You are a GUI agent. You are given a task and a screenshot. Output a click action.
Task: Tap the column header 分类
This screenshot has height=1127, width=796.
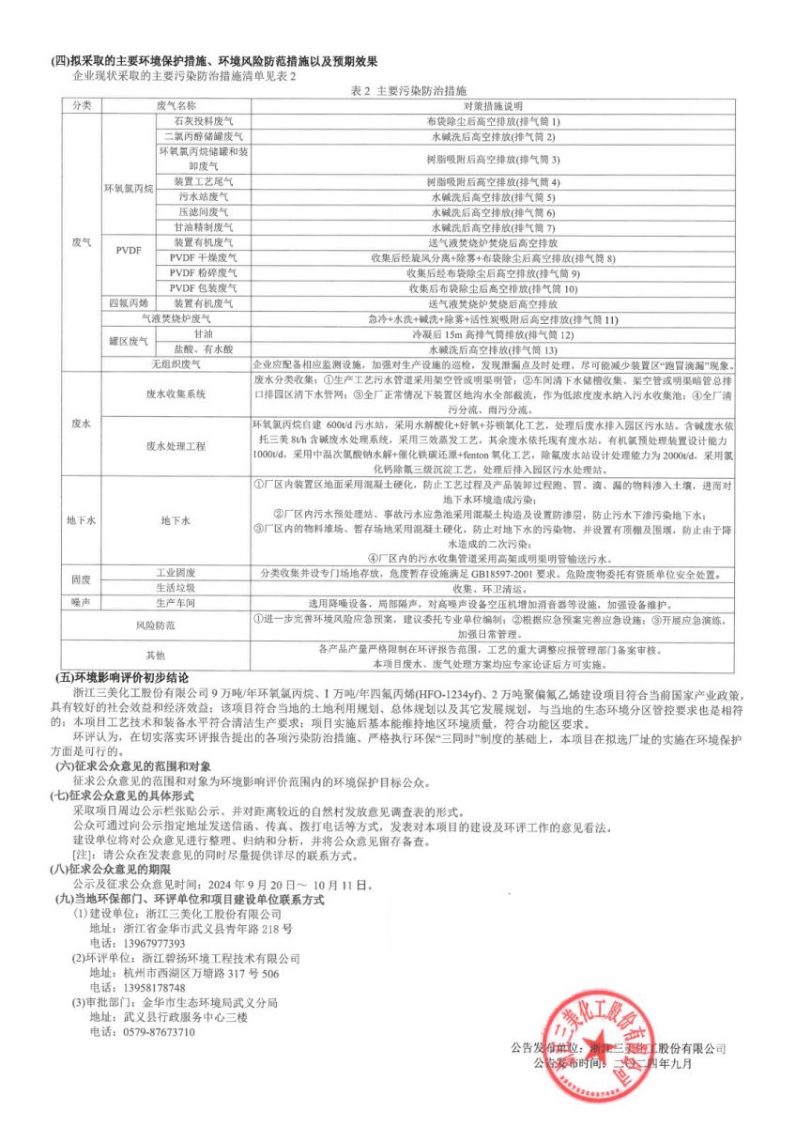coord(81,106)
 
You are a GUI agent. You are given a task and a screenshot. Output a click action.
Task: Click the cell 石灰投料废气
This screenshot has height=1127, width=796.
coord(196,122)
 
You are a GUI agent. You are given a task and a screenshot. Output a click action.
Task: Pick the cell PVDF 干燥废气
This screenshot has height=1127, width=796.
coord(203,258)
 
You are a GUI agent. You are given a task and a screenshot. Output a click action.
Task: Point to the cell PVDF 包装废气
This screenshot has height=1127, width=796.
coord(203,288)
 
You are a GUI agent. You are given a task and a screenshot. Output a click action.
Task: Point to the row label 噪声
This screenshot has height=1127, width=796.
coord(81,603)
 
